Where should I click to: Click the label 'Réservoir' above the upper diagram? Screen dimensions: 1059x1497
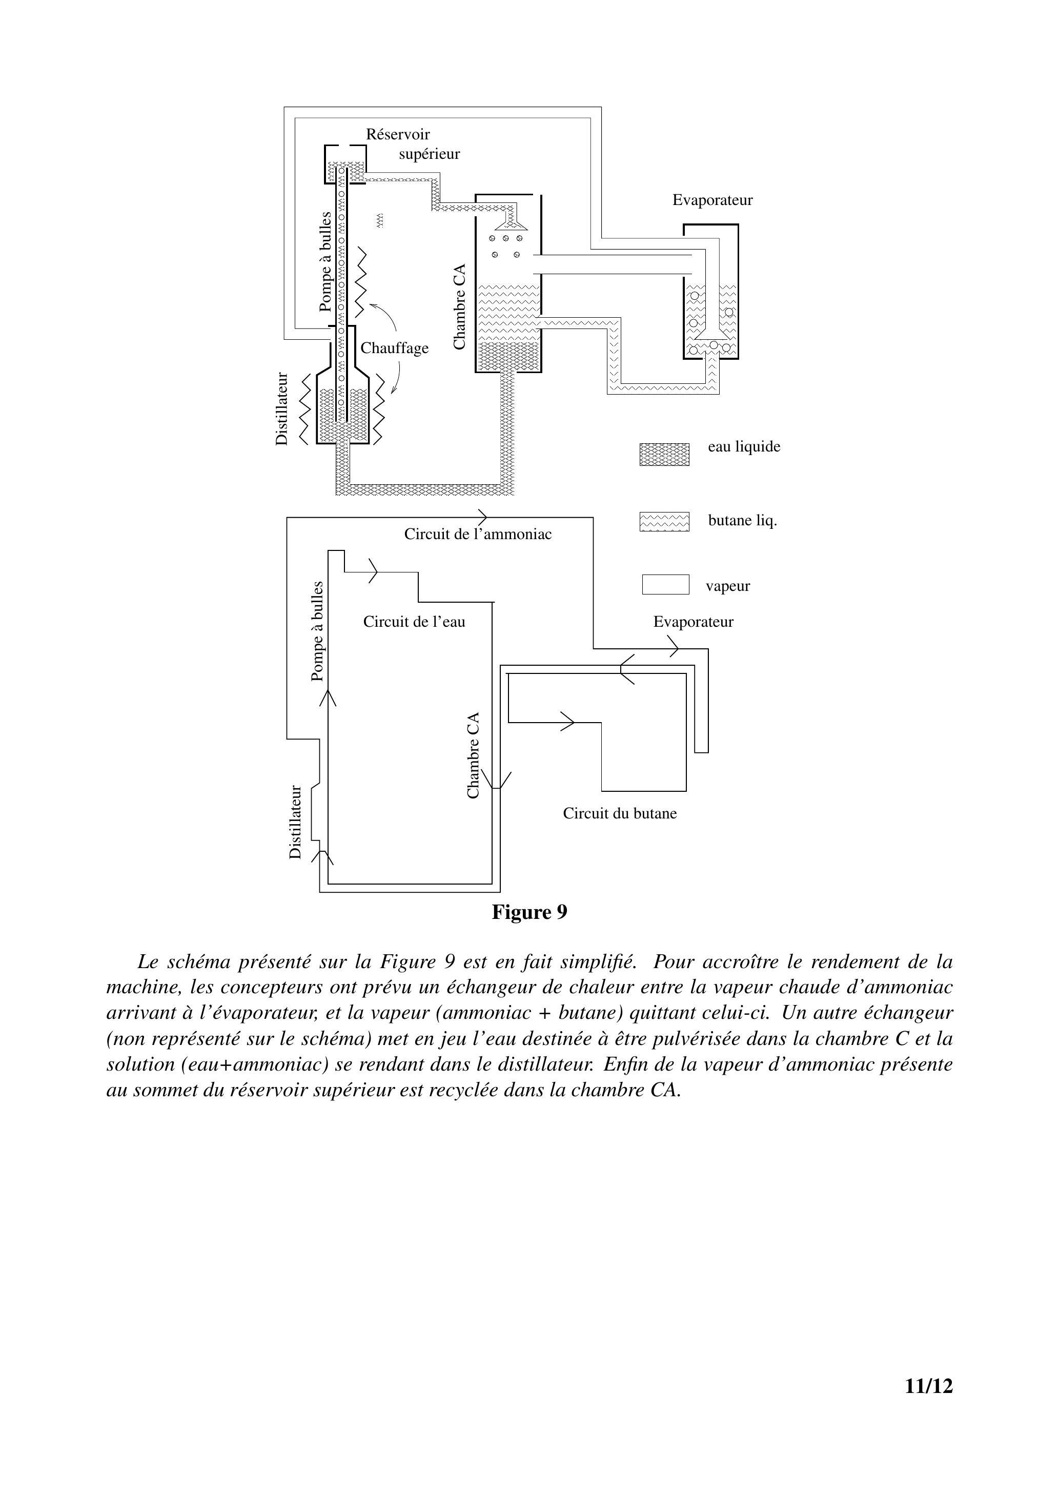pos(398,134)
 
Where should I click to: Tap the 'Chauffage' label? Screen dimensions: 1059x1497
pos(395,348)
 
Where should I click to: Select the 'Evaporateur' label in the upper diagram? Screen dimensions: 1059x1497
pos(712,200)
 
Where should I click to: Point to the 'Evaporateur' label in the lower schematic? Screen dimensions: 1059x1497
pos(693,622)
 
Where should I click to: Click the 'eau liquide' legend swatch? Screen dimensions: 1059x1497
pos(664,455)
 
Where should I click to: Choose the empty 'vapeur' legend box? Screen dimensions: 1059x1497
pos(666,584)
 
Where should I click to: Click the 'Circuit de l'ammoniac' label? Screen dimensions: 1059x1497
pos(478,535)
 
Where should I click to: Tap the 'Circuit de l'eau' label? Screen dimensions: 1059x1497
pos(414,622)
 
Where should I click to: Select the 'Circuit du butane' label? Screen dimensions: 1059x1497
pos(620,814)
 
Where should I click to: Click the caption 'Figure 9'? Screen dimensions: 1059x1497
pos(529,912)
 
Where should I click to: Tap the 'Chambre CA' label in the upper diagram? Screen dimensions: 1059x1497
pos(460,306)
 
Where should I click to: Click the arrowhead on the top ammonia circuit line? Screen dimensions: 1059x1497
pos(482,517)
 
